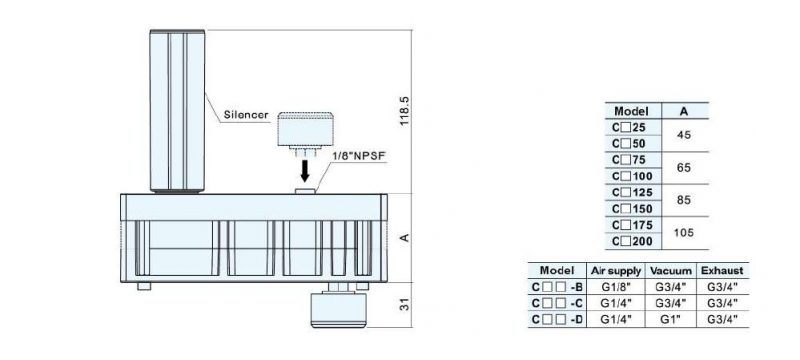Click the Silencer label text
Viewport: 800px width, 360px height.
pyautogui.click(x=246, y=115)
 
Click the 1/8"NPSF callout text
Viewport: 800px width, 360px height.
pyautogui.click(x=359, y=156)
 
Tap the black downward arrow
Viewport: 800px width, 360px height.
pyautogui.click(x=305, y=171)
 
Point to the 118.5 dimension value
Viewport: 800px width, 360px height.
pyautogui.click(x=405, y=111)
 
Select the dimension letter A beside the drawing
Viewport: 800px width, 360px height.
pyautogui.click(x=405, y=238)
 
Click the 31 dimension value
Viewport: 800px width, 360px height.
pyautogui.click(x=405, y=305)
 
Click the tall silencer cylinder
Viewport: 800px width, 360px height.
pyautogui.click(x=177, y=111)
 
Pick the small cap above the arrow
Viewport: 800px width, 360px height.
pyautogui.click(x=305, y=130)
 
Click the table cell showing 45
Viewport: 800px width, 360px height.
pyautogui.click(x=684, y=135)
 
